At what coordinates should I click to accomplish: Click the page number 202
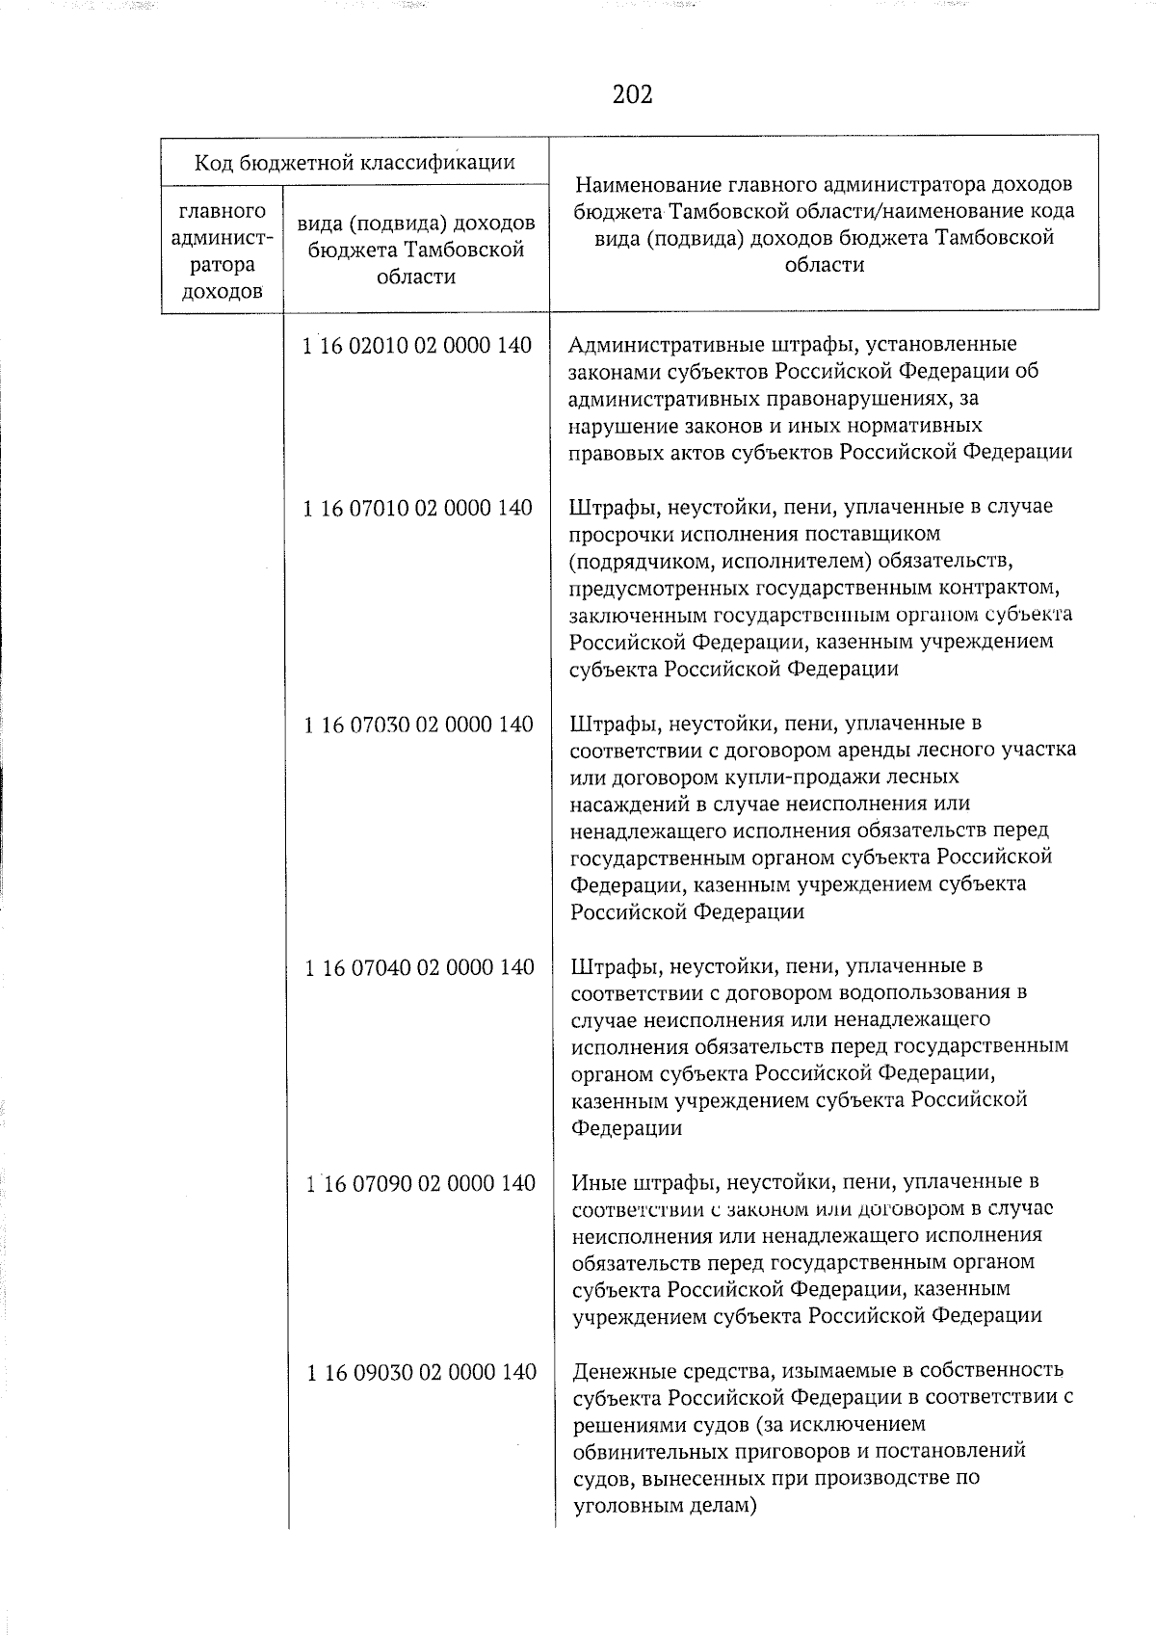pyautogui.click(x=632, y=94)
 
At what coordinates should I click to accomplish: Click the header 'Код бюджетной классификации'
pyautogui.click(x=355, y=162)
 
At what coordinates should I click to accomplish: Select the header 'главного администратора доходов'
pyautogui.click(x=223, y=251)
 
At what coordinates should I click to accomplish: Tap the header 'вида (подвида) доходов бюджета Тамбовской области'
pyautogui.click(x=416, y=251)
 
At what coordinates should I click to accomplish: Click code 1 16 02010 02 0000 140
pyautogui.click(x=416, y=346)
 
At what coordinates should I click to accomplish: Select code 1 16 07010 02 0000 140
pyautogui.click(x=416, y=508)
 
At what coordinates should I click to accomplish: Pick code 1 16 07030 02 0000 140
pyautogui.click(x=418, y=725)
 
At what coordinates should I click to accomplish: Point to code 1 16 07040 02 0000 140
pyautogui.click(x=419, y=967)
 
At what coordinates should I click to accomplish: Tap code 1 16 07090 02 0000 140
pyautogui.click(x=420, y=1183)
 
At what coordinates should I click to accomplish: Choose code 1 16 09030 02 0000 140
pyautogui.click(x=421, y=1372)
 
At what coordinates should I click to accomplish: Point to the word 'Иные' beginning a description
pyautogui.click(x=595, y=1182)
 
